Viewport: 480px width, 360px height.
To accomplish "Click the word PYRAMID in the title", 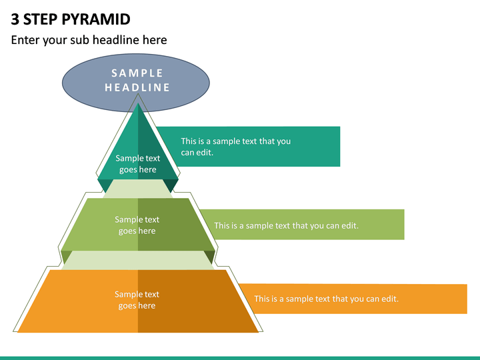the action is pos(96,19).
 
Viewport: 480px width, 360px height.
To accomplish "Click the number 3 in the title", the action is pos(15,19).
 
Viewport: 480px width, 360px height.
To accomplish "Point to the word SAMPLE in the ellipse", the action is pos(137,73).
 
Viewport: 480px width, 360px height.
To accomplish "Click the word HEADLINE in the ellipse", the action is pos(137,87).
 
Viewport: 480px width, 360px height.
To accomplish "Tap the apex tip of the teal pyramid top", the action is pos(138,103).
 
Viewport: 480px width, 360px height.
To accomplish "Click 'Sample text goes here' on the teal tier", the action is pos(138,164).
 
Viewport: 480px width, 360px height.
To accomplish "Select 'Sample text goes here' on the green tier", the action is pos(137,225).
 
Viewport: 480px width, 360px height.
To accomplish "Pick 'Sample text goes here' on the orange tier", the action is pos(137,300).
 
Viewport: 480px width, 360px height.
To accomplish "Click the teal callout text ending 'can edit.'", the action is pos(236,147).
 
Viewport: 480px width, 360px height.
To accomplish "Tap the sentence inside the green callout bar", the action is pos(286,225).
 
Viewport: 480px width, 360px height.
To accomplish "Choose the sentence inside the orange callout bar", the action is pos(326,299).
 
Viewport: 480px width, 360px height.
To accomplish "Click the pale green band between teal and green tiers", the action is pos(138,189).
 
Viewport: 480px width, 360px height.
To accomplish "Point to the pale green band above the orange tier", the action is pos(138,260).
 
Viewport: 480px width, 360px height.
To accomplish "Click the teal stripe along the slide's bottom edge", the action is pos(240,358).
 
